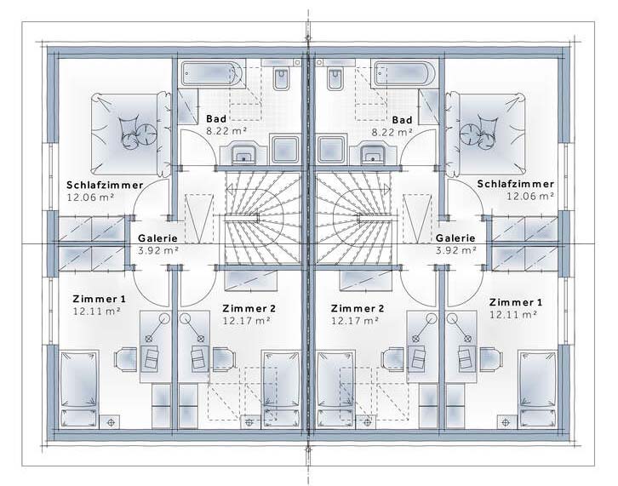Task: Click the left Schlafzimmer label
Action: point(105,185)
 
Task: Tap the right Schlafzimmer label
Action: point(516,184)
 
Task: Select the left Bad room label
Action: point(216,118)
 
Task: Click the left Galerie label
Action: point(157,238)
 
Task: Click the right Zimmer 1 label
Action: point(516,302)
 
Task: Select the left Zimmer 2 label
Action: point(249,308)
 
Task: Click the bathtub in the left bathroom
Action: point(213,73)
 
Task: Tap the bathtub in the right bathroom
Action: point(405,73)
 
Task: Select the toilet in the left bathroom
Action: point(281,76)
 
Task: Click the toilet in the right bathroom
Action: point(335,76)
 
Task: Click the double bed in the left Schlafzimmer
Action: point(130,134)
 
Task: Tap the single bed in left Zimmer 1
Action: point(79,390)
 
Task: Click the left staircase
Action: point(260,219)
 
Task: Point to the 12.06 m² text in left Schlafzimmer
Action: point(90,197)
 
